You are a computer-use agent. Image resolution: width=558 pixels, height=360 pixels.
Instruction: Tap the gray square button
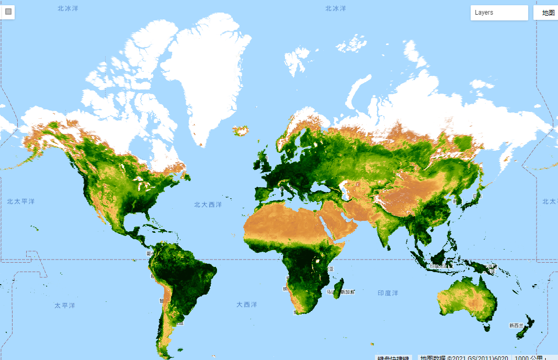(8, 11)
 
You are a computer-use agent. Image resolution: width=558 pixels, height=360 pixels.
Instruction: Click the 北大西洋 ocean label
(208, 205)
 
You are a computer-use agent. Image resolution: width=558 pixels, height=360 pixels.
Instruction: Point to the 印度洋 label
(388, 293)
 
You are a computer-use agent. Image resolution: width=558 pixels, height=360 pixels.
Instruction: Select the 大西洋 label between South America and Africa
(246, 305)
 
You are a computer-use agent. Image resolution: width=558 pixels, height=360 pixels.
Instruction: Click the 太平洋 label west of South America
(65, 305)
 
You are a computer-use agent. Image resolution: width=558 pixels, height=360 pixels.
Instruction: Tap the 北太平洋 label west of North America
(21, 201)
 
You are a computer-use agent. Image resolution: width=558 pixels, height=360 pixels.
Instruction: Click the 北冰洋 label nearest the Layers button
(336, 8)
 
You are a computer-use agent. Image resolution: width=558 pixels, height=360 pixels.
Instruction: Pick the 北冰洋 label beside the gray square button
(68, 8)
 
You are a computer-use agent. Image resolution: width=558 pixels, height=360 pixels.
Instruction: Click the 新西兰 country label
(516, 325)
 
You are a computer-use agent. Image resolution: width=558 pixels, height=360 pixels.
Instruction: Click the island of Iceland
(242, 130)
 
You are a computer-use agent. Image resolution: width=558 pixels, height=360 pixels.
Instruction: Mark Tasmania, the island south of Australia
(487, 328)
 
